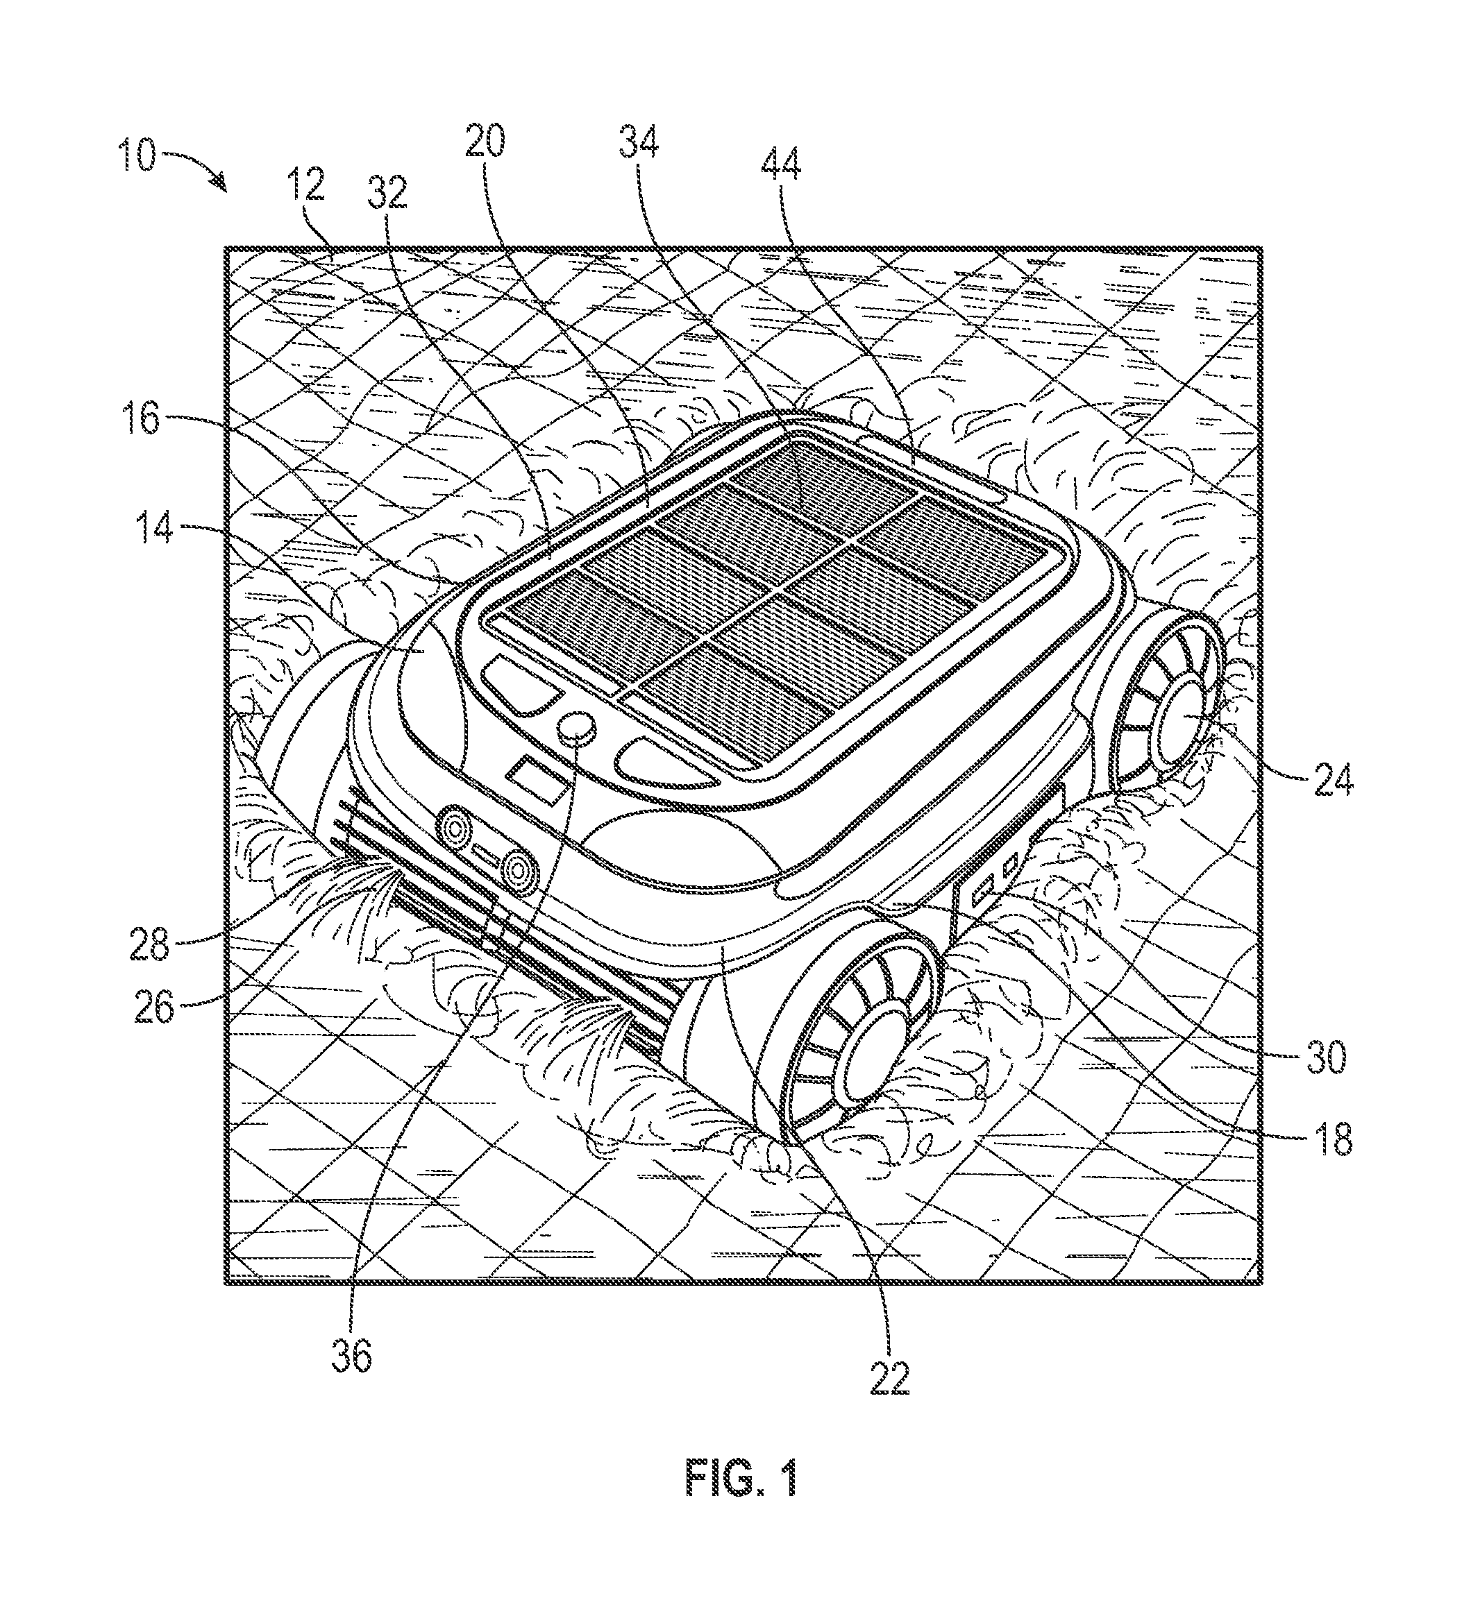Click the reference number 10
click(139, 156)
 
